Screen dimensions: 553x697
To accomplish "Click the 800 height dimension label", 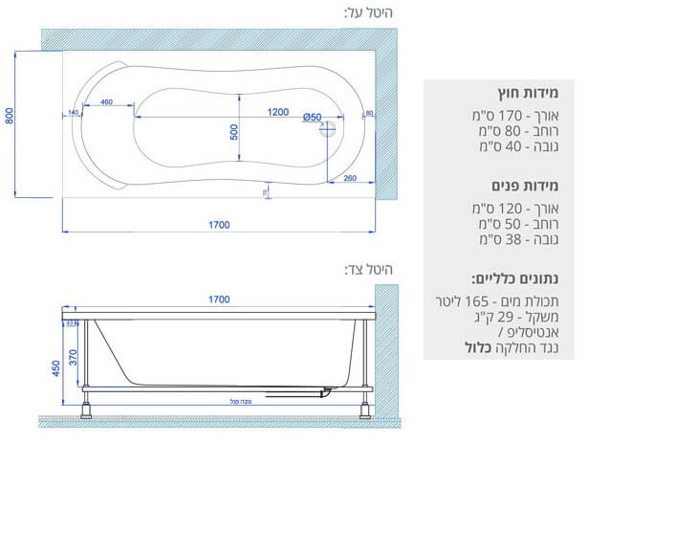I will [9, 116].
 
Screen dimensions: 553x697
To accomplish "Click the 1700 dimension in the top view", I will [218, 225].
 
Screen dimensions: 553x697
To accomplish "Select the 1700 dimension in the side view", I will [218, 299].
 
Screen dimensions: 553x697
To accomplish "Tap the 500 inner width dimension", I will [234, 132].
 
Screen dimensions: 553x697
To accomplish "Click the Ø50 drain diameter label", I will [312, 117].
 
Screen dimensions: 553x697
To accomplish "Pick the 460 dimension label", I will [105, 102].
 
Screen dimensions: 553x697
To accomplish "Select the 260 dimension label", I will [350, 178].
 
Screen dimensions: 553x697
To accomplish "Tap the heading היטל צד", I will [369, 270].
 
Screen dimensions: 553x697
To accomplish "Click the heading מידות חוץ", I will [528, 95].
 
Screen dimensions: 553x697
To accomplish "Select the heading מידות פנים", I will [527, 186].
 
